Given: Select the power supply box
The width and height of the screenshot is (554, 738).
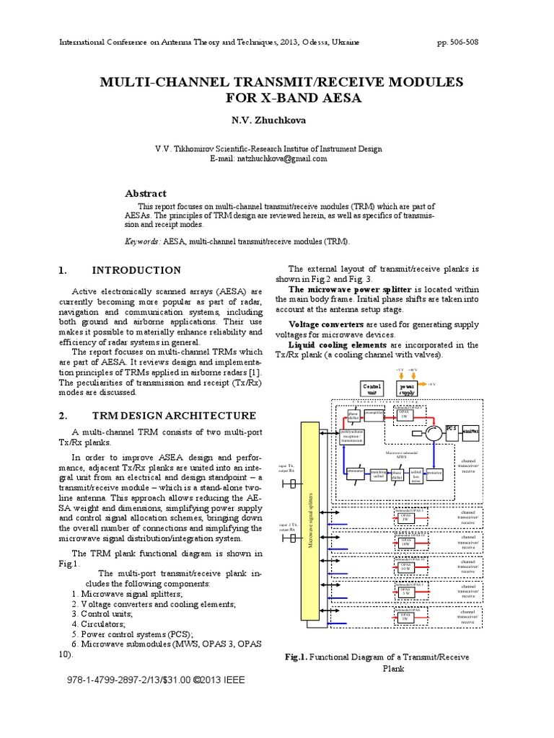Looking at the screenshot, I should tap(408, 389).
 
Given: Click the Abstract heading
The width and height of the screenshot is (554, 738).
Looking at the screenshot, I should tap(146, 193).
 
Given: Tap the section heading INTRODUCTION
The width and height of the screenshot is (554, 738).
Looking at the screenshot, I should tap(136, 270).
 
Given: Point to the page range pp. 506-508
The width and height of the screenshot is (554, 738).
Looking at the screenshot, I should tap(457, 43).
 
